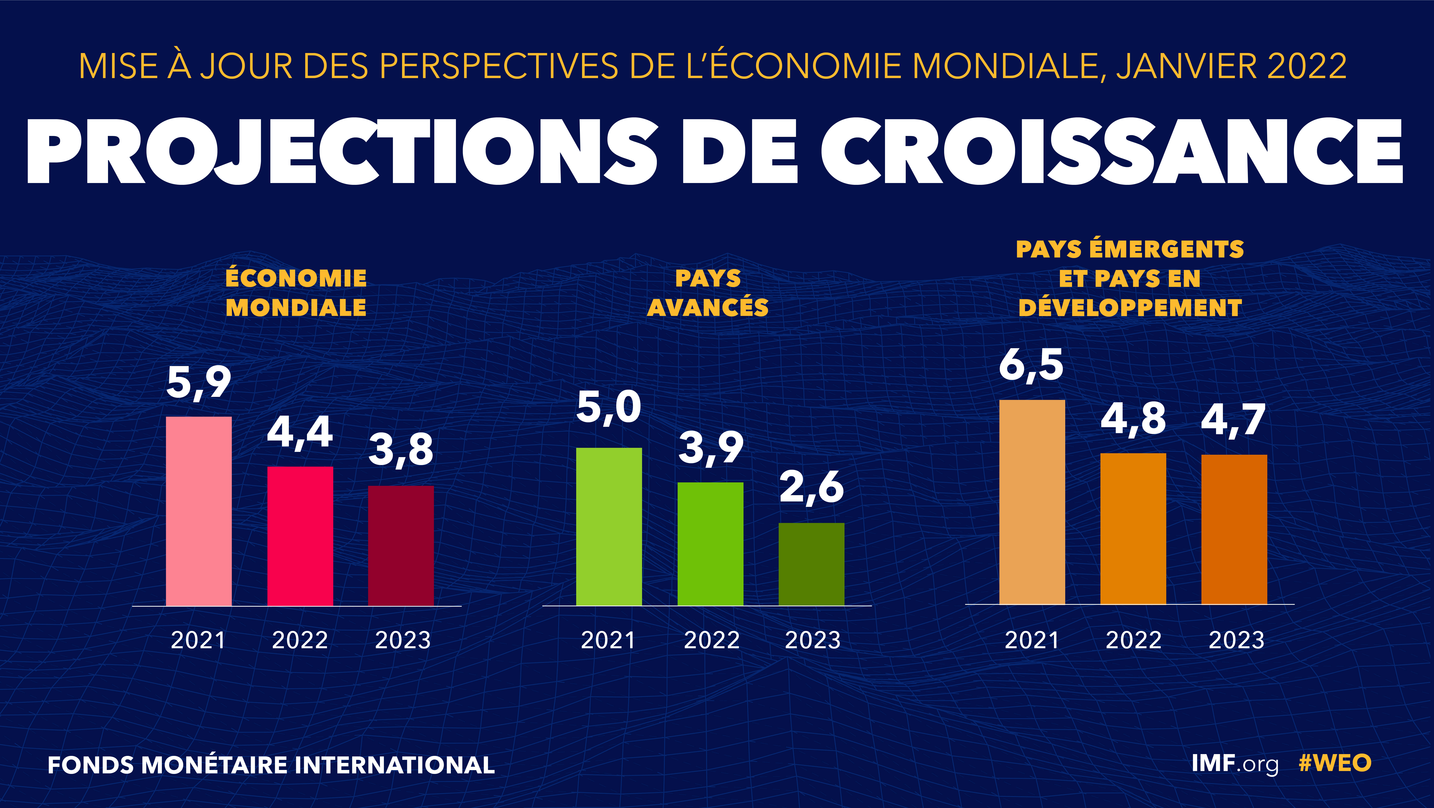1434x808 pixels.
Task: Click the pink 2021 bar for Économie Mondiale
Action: pos(199,511)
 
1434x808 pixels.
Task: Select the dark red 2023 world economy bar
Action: pos(401,545)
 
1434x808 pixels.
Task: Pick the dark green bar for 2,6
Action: pos(811,564)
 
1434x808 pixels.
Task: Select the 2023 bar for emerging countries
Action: pos(1234,529)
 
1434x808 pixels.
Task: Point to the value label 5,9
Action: pos(199,383)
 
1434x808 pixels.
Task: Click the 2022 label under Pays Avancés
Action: pos(711,640)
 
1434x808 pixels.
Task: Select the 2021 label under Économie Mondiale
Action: pos(198,640)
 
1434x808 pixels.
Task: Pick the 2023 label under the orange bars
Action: pos(1236,640)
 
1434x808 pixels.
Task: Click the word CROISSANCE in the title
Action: pos(1111,151)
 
